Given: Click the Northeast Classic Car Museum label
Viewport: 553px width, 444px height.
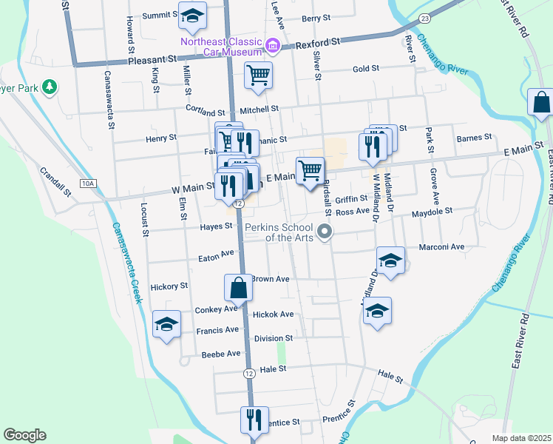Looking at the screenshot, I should [x=222, y=46].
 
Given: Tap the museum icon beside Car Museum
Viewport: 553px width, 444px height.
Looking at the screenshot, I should [x=272, y=47].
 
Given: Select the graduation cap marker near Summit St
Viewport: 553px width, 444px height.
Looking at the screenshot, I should [x=192, y=16].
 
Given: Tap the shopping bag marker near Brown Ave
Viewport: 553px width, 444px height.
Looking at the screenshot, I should [x=238, y=288].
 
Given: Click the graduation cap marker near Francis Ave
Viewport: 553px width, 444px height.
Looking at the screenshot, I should [x=166, y=324].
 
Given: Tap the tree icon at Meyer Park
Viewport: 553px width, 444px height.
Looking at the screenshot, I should [x=50, y=88].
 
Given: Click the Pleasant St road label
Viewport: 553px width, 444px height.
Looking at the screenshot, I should [x=153, y=58].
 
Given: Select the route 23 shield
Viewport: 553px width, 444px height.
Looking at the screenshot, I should [x=424, y=17].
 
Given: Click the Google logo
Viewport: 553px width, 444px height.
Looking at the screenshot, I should [x=24, y=435].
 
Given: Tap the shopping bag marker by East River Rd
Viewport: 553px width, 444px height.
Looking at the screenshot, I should [x=541, y=104].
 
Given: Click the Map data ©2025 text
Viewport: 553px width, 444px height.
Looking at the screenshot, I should [x=522, y=438].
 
